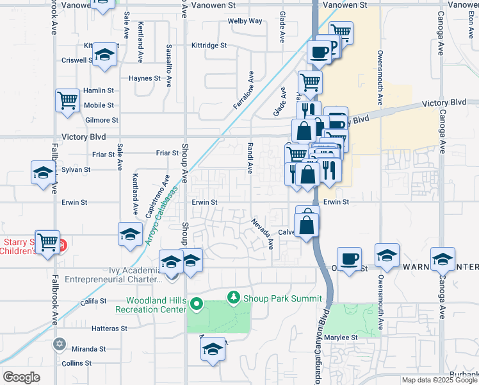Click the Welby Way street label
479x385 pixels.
tap(245, 21)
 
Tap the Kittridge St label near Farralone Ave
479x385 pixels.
tap(209, 46)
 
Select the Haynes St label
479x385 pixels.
tap(144, 78)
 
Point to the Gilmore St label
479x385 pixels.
tap(101, 120)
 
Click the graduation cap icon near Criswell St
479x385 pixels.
tap(104, 55)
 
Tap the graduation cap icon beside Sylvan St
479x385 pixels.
tap(43, 173)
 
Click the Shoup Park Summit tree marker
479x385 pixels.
tap(234, 298)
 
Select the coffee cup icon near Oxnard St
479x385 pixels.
tap(348, 259)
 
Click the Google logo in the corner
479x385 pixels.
tap(21, 377)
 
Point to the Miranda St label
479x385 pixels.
tap(88, 349)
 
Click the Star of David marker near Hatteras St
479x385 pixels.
tap(60, 344)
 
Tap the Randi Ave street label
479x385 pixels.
tap(250, 158)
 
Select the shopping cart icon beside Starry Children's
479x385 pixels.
tap(47, 242)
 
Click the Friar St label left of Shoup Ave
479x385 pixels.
tap(166, 153)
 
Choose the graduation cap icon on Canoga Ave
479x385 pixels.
tap(443, 259)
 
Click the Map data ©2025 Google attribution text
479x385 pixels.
tap(439, 380)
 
